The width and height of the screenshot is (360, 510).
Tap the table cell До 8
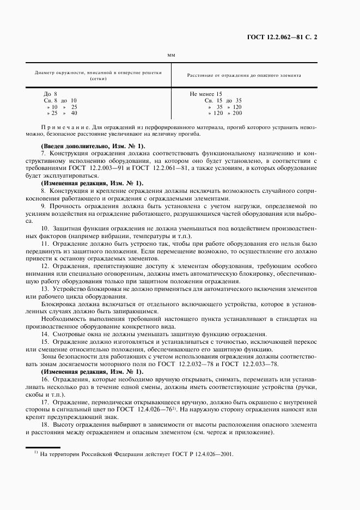(x=51, y=94)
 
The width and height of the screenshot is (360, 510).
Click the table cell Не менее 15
(x=206, y=94)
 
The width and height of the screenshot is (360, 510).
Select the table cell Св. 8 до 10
(x=60, y=100)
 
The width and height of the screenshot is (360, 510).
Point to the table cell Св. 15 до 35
(x=223, y=100)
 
